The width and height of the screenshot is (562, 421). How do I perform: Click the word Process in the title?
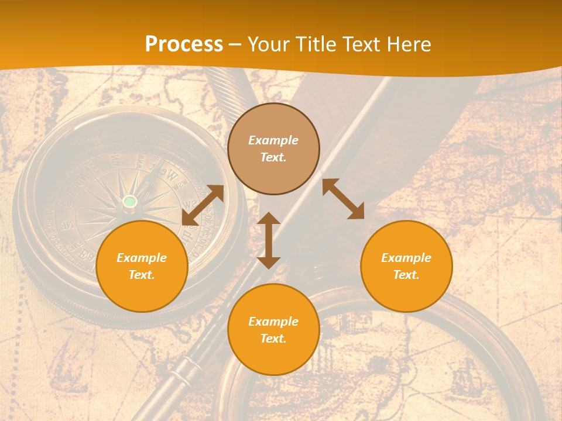tap(184, 44)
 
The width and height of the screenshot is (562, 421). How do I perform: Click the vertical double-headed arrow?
tap(269, 240)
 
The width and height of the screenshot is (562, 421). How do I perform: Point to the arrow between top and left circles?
tap(203, 205)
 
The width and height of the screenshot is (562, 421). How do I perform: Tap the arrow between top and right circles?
tap(344, 199)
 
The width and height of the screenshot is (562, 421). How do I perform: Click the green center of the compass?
tap(130, 202)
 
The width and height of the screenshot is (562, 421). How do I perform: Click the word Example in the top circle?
tap(273, 140)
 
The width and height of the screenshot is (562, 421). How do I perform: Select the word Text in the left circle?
tap(141, 275)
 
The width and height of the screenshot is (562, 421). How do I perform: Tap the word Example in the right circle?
tap(406, 258)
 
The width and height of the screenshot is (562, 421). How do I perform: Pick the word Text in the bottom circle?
tap(273, 339)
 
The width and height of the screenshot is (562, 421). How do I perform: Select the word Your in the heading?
tap(267, 44)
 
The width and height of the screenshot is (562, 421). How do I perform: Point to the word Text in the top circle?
tap(273, 157)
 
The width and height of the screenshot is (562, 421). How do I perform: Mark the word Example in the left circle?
tap(142, 258)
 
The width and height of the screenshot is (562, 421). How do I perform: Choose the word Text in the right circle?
tap(406, 275)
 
